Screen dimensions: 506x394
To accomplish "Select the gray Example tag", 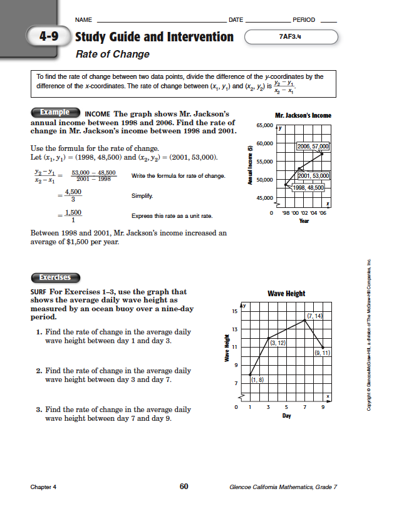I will [54, 112].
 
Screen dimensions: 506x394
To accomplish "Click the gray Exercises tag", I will [54, 277].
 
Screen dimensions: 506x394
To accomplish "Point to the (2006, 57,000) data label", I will [313, 146].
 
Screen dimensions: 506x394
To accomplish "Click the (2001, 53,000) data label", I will [314, 176].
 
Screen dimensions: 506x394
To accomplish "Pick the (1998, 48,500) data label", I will [308, 187].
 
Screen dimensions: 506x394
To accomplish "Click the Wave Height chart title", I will [286, 293].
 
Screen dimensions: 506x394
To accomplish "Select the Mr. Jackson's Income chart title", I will [303, 115].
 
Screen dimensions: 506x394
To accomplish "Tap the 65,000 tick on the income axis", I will [264, 126].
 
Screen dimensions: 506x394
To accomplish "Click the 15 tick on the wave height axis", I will [234, 311].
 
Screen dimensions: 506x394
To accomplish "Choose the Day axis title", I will [286, 416].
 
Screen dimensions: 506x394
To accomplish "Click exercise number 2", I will [39, 371].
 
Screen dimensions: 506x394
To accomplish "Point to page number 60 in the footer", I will [184, 487].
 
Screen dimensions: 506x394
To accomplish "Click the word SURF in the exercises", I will [39, 292].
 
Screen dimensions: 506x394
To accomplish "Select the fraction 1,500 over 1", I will [73, 216].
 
